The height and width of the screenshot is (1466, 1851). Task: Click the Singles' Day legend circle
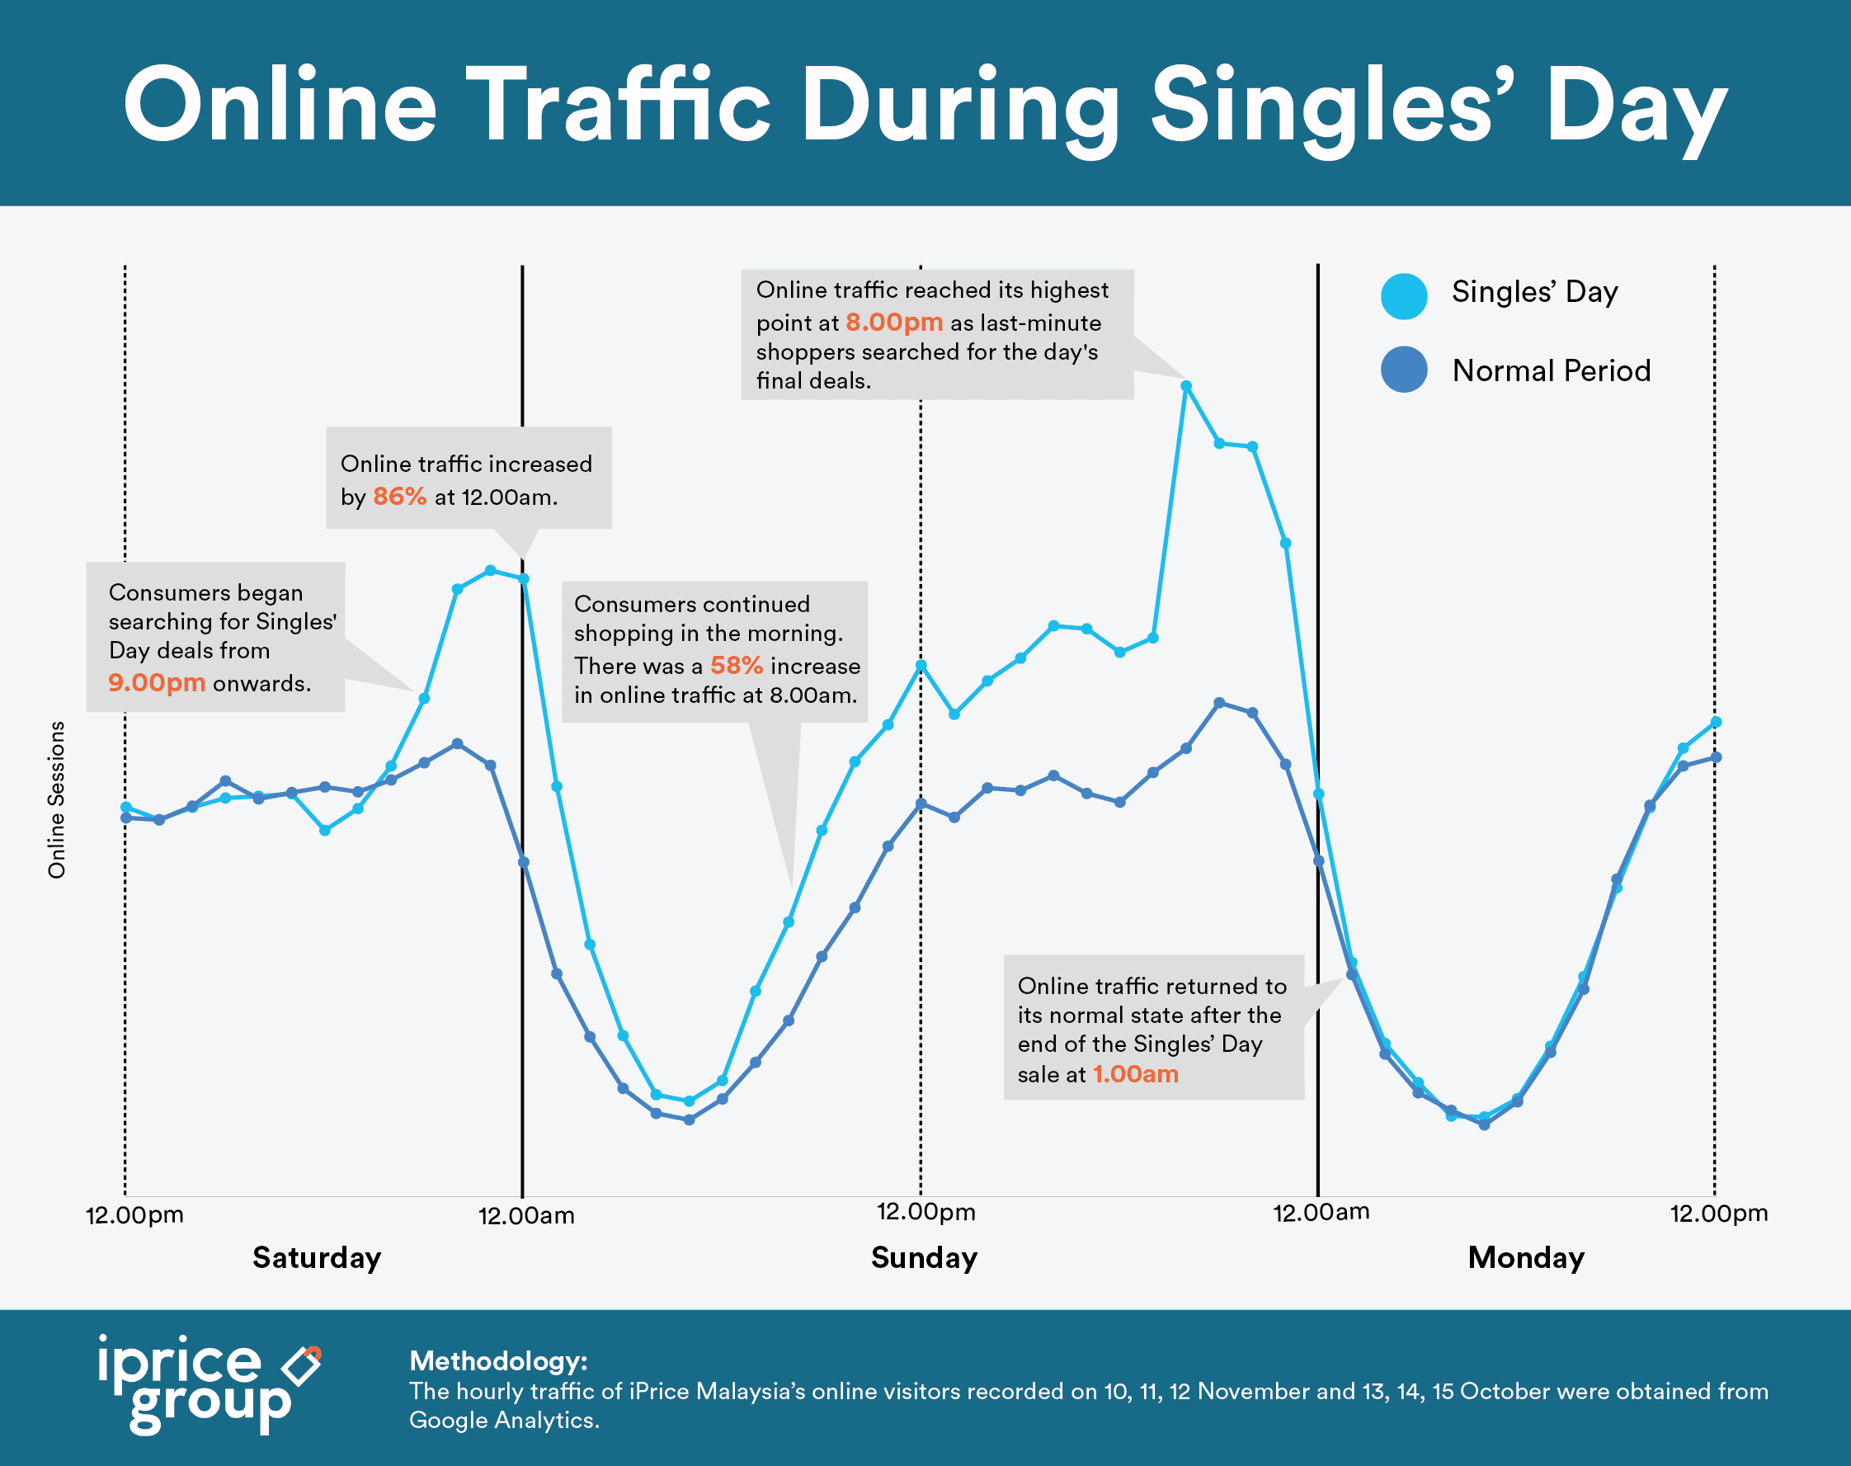[1404, 296]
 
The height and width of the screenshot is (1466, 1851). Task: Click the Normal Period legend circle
[1404, 370]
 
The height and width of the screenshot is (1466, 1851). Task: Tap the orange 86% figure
[399, 496]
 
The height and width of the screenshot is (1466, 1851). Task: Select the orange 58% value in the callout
[737, 665]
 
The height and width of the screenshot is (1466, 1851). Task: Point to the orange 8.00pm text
[893, 322]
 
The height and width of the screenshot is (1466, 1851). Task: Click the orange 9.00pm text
[156, 682]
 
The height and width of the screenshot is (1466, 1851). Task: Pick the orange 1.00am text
[1134, 1074]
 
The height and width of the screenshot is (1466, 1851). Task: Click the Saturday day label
[317, 1257]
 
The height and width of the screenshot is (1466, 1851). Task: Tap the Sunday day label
[924, 1257]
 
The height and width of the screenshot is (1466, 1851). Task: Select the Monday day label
[1526, 1257]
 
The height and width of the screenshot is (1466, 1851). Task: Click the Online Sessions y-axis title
[57, 799]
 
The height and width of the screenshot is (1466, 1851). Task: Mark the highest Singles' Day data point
[1186, 386]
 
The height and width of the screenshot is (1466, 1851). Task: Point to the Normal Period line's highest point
[1219, 703]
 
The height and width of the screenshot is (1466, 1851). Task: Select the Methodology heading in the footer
[497, 1360]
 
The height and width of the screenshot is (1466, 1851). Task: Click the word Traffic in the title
[618, 105]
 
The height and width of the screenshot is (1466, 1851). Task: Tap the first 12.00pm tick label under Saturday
[134, 1215]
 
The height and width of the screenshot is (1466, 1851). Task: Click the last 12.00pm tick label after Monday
[1718, 1214]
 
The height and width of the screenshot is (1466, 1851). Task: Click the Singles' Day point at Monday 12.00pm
[1716, 722]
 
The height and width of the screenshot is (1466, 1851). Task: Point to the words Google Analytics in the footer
[503, 1421]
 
